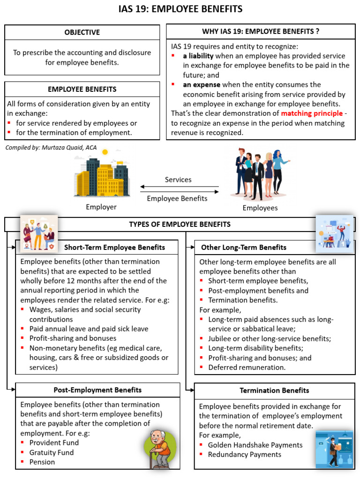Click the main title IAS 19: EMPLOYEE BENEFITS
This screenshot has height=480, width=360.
(x=180, y=9)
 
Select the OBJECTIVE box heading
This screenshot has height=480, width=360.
(x=82, y=32)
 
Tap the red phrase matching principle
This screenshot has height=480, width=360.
(x=312, y=113)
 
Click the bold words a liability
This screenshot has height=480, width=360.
(x=198, y=56)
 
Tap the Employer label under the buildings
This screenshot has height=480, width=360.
(x=101, y=207)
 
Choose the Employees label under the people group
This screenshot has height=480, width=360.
(x=260, y=208)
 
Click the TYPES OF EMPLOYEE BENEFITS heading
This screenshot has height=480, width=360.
(x=180, y=225)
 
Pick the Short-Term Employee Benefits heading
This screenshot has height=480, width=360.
(x=114, y=247)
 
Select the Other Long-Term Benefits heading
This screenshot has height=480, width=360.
(x=244, y=247)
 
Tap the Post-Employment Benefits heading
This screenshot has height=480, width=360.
(x=97, y=390)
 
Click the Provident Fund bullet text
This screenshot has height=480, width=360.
(x=54, y=442)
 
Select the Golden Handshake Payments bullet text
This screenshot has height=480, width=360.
(x=255, y=445)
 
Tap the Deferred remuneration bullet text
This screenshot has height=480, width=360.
(x=247, y=367)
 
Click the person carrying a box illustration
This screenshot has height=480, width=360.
(x=334, y=452)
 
